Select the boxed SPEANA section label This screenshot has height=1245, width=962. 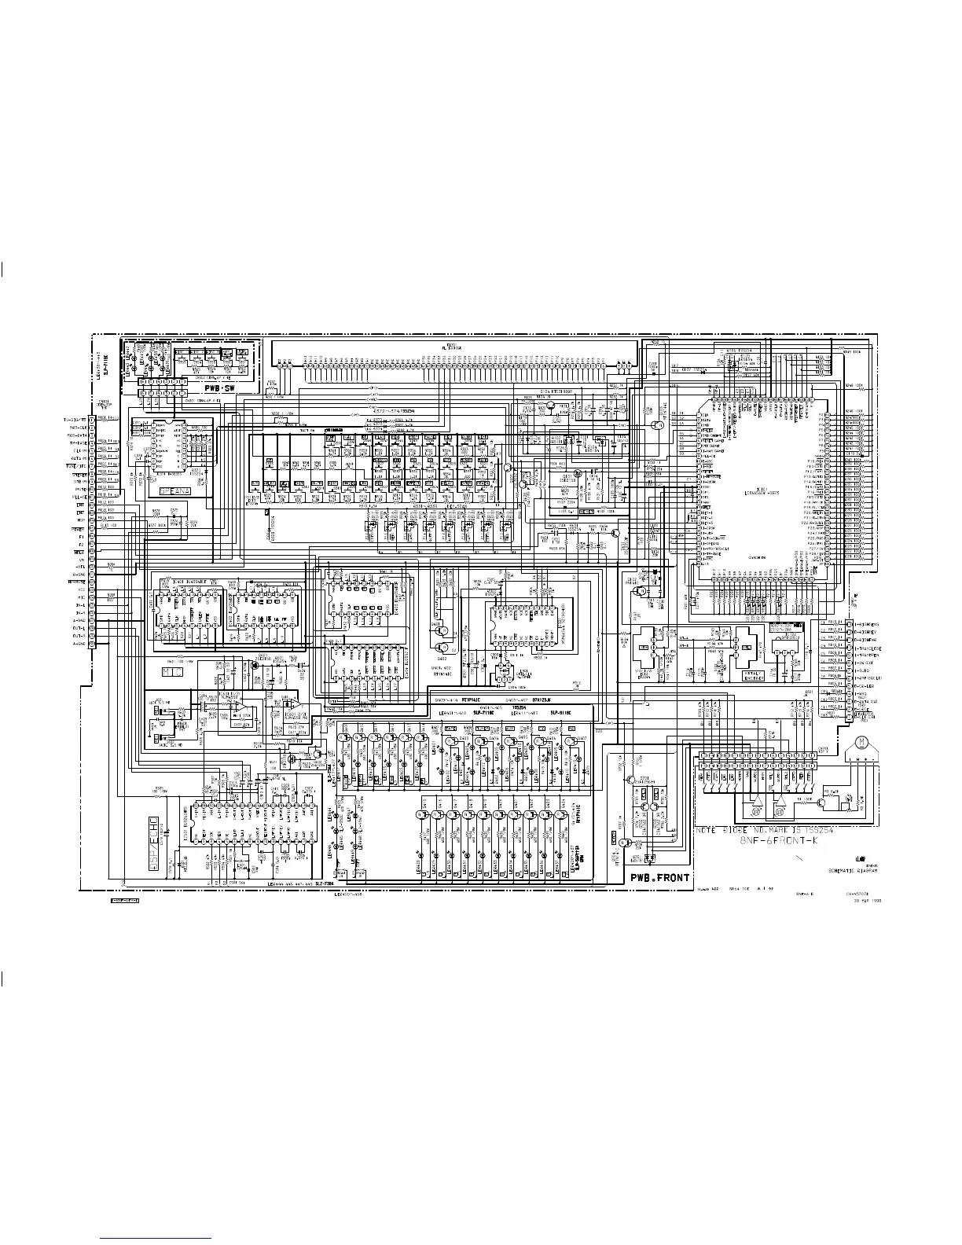pyautogui.click(x=175, y=490)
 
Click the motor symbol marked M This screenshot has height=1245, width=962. pyautogui.click(x=861, y=742)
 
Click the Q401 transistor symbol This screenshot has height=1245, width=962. pyautogui.click(x=442, y=630)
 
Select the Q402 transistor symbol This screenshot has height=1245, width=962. pyautogui.click(x=442, y=650)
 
